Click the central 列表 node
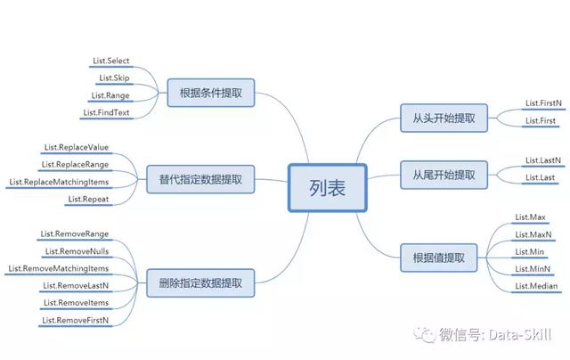[326, 188]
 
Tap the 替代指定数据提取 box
[200, 179]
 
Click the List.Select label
[111, 61]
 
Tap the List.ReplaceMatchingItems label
[59, 182]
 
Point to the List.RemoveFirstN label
[76, 320]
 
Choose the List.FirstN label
[543, 104]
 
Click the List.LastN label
[543, 160]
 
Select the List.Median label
[537, 286]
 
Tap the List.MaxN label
[533, 234]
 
